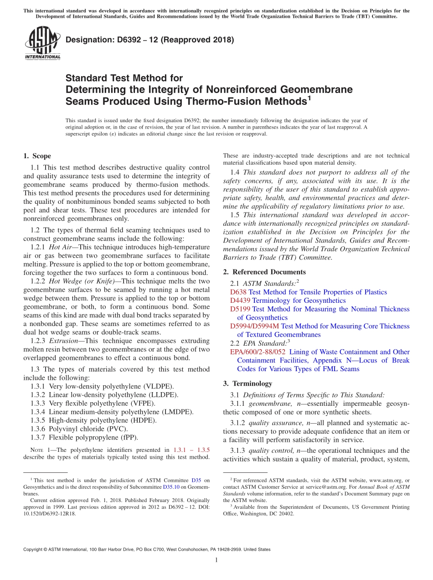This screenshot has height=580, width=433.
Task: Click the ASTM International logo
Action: [x=42, y=43]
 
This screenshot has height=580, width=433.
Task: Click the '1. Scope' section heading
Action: [x=37, y=156]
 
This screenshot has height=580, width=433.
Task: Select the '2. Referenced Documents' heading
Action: [x=264, y=272]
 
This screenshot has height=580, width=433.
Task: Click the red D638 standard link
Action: [x=238, y=292]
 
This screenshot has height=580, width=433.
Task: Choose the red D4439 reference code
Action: [x=240, y=300]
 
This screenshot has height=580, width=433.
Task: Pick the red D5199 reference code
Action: [x=240, y=309]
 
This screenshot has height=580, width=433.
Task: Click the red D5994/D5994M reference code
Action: [x=255, y=326]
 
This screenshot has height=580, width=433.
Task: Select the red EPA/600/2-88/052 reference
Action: [x=258, y=352]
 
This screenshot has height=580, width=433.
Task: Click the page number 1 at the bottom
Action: [x=216, y=560]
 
